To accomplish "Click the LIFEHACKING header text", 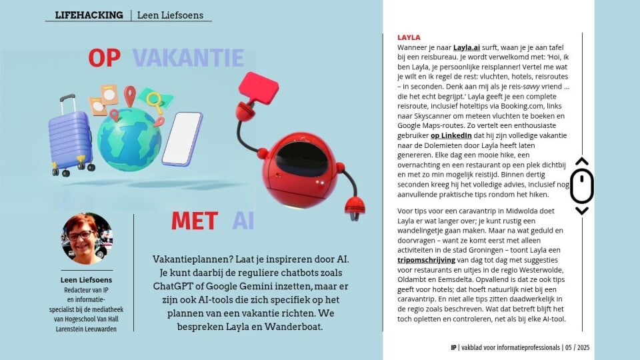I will pos(89,15).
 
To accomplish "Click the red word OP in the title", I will pos(104,59).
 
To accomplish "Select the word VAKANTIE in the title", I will pos(188,59).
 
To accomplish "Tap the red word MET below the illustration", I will pos(194,221).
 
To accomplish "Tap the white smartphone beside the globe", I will pos(182,139).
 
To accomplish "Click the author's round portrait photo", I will pos(87,238).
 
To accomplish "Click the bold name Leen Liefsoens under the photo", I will pos(87,280).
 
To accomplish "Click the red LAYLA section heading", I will pos(409,38).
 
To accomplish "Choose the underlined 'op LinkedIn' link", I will pos(451,135).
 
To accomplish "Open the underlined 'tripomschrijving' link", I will pos(426,260).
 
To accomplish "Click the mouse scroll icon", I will pos(581,187).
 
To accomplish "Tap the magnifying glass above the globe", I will pos(155,101).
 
